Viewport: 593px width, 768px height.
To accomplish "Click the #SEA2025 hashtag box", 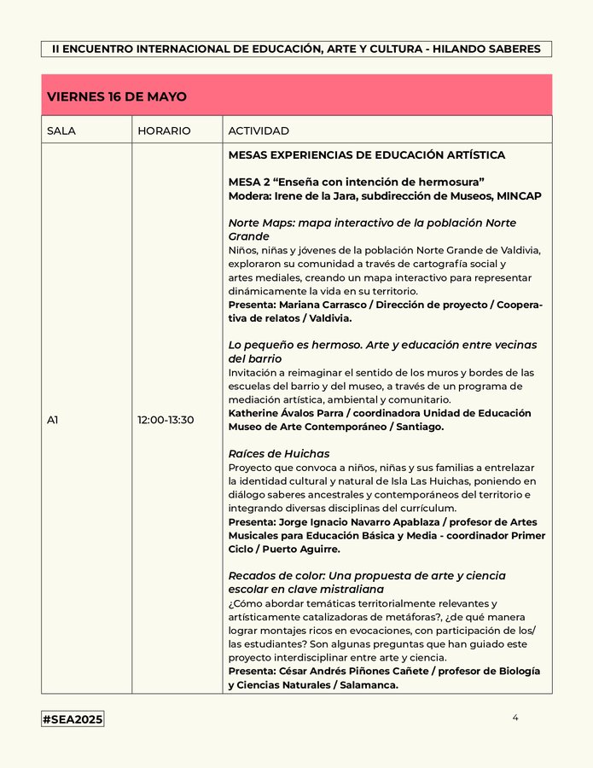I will [x=73, y=719].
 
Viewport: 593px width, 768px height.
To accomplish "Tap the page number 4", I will [x=515, y=718].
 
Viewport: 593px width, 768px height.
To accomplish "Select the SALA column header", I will [x=61, y=131].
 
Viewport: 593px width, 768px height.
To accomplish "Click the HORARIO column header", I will [x=164, y=131].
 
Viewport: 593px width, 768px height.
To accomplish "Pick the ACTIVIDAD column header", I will [x=259, y=131].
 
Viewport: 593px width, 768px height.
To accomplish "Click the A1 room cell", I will [x=53, y=419].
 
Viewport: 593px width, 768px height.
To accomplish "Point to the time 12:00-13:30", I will [x=166, y=419].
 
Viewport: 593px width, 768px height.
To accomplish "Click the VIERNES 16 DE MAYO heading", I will [x=117, y=96].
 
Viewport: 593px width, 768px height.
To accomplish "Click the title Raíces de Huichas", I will [x=279, y=453].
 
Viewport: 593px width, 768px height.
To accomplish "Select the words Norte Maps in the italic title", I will [x=260, y=223].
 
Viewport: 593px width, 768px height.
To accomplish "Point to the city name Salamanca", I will [x=367, y=684].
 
